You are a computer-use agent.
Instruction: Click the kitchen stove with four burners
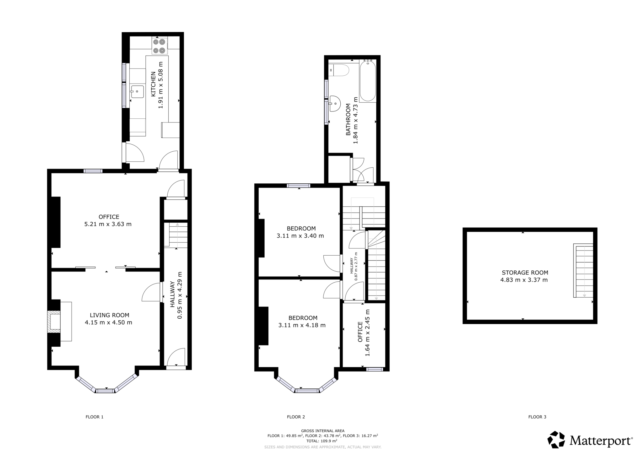159,46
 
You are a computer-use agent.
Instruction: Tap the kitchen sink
137,92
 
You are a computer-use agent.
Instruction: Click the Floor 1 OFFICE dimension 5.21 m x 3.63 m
108,224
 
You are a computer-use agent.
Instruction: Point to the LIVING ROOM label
109,315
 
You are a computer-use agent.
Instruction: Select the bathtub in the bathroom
368,82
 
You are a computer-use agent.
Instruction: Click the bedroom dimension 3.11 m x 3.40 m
300,236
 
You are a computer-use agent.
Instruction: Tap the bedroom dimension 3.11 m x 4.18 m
302,325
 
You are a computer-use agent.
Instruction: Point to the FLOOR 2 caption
296,417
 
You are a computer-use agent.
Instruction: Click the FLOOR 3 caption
537,417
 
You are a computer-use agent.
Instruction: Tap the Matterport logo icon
556,440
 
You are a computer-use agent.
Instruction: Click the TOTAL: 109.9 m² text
322,441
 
